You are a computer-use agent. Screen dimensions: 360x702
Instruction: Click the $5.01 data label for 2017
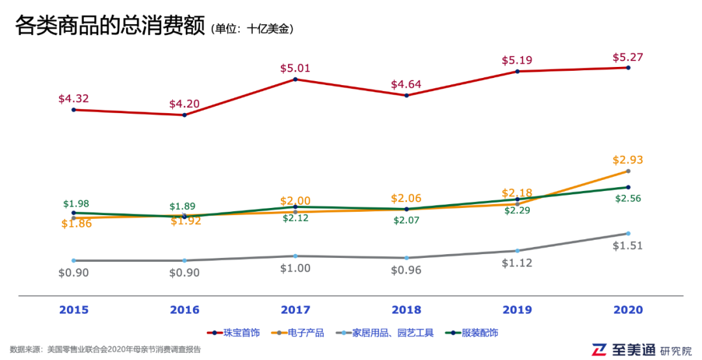click(x=295, y=68)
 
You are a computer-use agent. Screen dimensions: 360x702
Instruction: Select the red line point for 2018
click(x=406, y=96)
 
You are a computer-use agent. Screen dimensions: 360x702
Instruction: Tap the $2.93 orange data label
click(x=627, y=160)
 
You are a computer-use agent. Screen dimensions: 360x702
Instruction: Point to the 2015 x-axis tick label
click(x=73, y=310)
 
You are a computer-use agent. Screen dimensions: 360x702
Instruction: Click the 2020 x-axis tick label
click(x=627, y=310)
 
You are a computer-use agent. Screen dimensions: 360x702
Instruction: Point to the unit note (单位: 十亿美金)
click(x=252, y=29)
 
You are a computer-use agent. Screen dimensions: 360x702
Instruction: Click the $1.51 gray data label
click(x=627, y=246)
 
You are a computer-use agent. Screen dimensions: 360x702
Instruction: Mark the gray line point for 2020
click(x=628, y=233)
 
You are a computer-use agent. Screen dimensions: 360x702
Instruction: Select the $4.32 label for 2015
click(x=73, y=99)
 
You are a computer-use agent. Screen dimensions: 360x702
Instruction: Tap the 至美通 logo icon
click(x=598, y=350)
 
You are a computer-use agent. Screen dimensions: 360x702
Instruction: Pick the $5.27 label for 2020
click(x=627, y=57)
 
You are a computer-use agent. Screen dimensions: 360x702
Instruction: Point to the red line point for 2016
click(x=185, y=115)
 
